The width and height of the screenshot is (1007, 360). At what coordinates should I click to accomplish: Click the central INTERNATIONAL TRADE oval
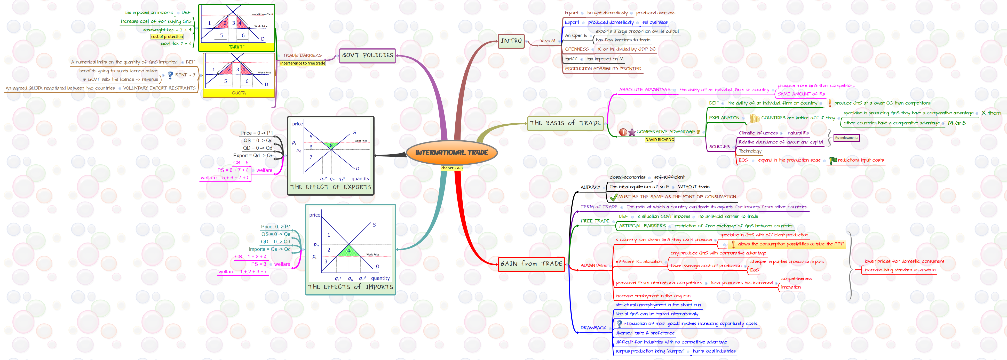tap(451, 153)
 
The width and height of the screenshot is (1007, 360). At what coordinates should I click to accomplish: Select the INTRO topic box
tap(511, 41)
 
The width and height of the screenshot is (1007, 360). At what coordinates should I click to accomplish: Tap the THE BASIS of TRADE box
tap(565, 123)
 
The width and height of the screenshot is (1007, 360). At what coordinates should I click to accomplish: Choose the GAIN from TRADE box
tap(531, 264)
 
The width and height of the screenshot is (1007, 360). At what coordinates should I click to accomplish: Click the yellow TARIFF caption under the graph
tap(236, 47)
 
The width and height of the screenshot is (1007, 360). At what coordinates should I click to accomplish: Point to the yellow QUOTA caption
tap(239, 93)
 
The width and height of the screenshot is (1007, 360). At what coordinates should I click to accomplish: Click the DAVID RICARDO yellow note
tap(660, 140)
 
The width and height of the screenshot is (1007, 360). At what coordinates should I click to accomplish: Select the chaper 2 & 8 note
tap(451, 168)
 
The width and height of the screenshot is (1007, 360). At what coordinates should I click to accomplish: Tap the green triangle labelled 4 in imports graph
tap(349, 251)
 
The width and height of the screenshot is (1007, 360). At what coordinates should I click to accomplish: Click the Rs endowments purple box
tap(846, 138)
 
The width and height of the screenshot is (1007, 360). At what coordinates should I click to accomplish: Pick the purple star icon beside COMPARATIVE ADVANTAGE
tap(632, 132)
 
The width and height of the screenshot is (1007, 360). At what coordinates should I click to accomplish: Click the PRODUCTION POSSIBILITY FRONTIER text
tap(603, 69)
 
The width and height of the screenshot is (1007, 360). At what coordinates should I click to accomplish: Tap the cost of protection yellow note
tap(167, 37)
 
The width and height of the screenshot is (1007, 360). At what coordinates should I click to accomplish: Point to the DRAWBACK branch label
tap(593, 328)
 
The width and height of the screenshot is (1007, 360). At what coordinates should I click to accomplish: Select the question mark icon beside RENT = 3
tap(170, 75)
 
